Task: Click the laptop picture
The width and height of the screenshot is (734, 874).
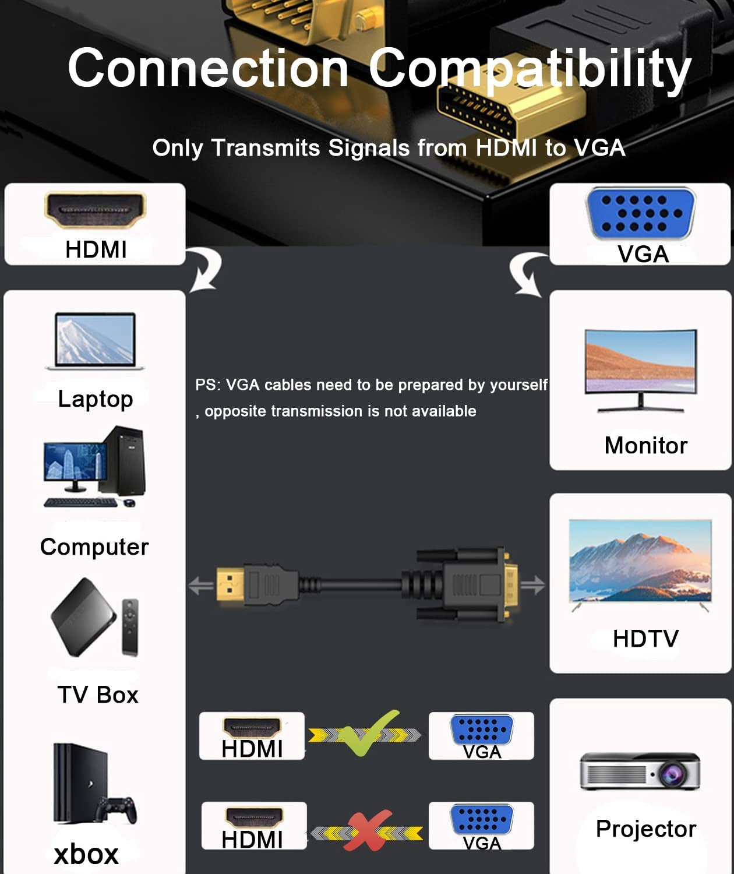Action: pyautogui.click(x=95, y=341)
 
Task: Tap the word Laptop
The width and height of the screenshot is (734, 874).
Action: pyautogui.click(x=96, y=399)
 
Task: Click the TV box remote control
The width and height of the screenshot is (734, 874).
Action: pyautogui.click(x=130, y=627)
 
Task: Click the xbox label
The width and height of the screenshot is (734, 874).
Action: pyautogui.click(x=86, y=854)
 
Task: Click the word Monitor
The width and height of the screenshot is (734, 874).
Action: pyautogui.click(x=645, y=445)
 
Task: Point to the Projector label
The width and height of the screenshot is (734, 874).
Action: pyautogui.click(x=645, y=829)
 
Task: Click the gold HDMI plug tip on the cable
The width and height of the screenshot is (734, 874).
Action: pyautogui.click(x=230, y=584)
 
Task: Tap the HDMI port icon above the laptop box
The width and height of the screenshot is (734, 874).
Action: pyautogui.click(x=95, y=210)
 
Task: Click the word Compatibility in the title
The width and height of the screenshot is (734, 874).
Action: pyautogui.click(x=529, y=69)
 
